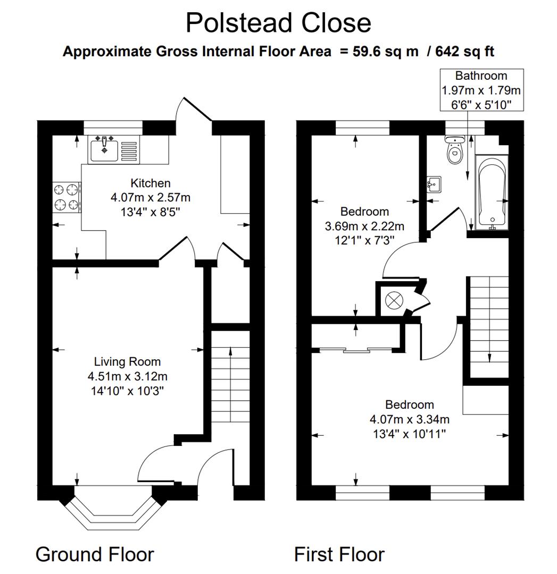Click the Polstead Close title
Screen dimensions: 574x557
pos(278,23)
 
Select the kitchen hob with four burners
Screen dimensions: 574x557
pos(66,197)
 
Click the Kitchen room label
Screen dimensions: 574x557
pos(151,183)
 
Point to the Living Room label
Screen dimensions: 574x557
pos(127,362)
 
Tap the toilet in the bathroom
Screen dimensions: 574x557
pos(455,151)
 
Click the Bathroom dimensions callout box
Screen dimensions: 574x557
pos(481,90)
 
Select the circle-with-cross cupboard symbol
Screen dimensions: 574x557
pos(394,300)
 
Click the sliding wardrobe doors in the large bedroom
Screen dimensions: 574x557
pos(356,350)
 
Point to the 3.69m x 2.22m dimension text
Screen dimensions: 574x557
pos(364,226)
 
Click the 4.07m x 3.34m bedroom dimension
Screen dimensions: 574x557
pos(410,419)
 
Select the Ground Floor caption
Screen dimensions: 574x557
pos(95,554)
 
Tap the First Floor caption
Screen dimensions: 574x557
pos(339,554)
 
